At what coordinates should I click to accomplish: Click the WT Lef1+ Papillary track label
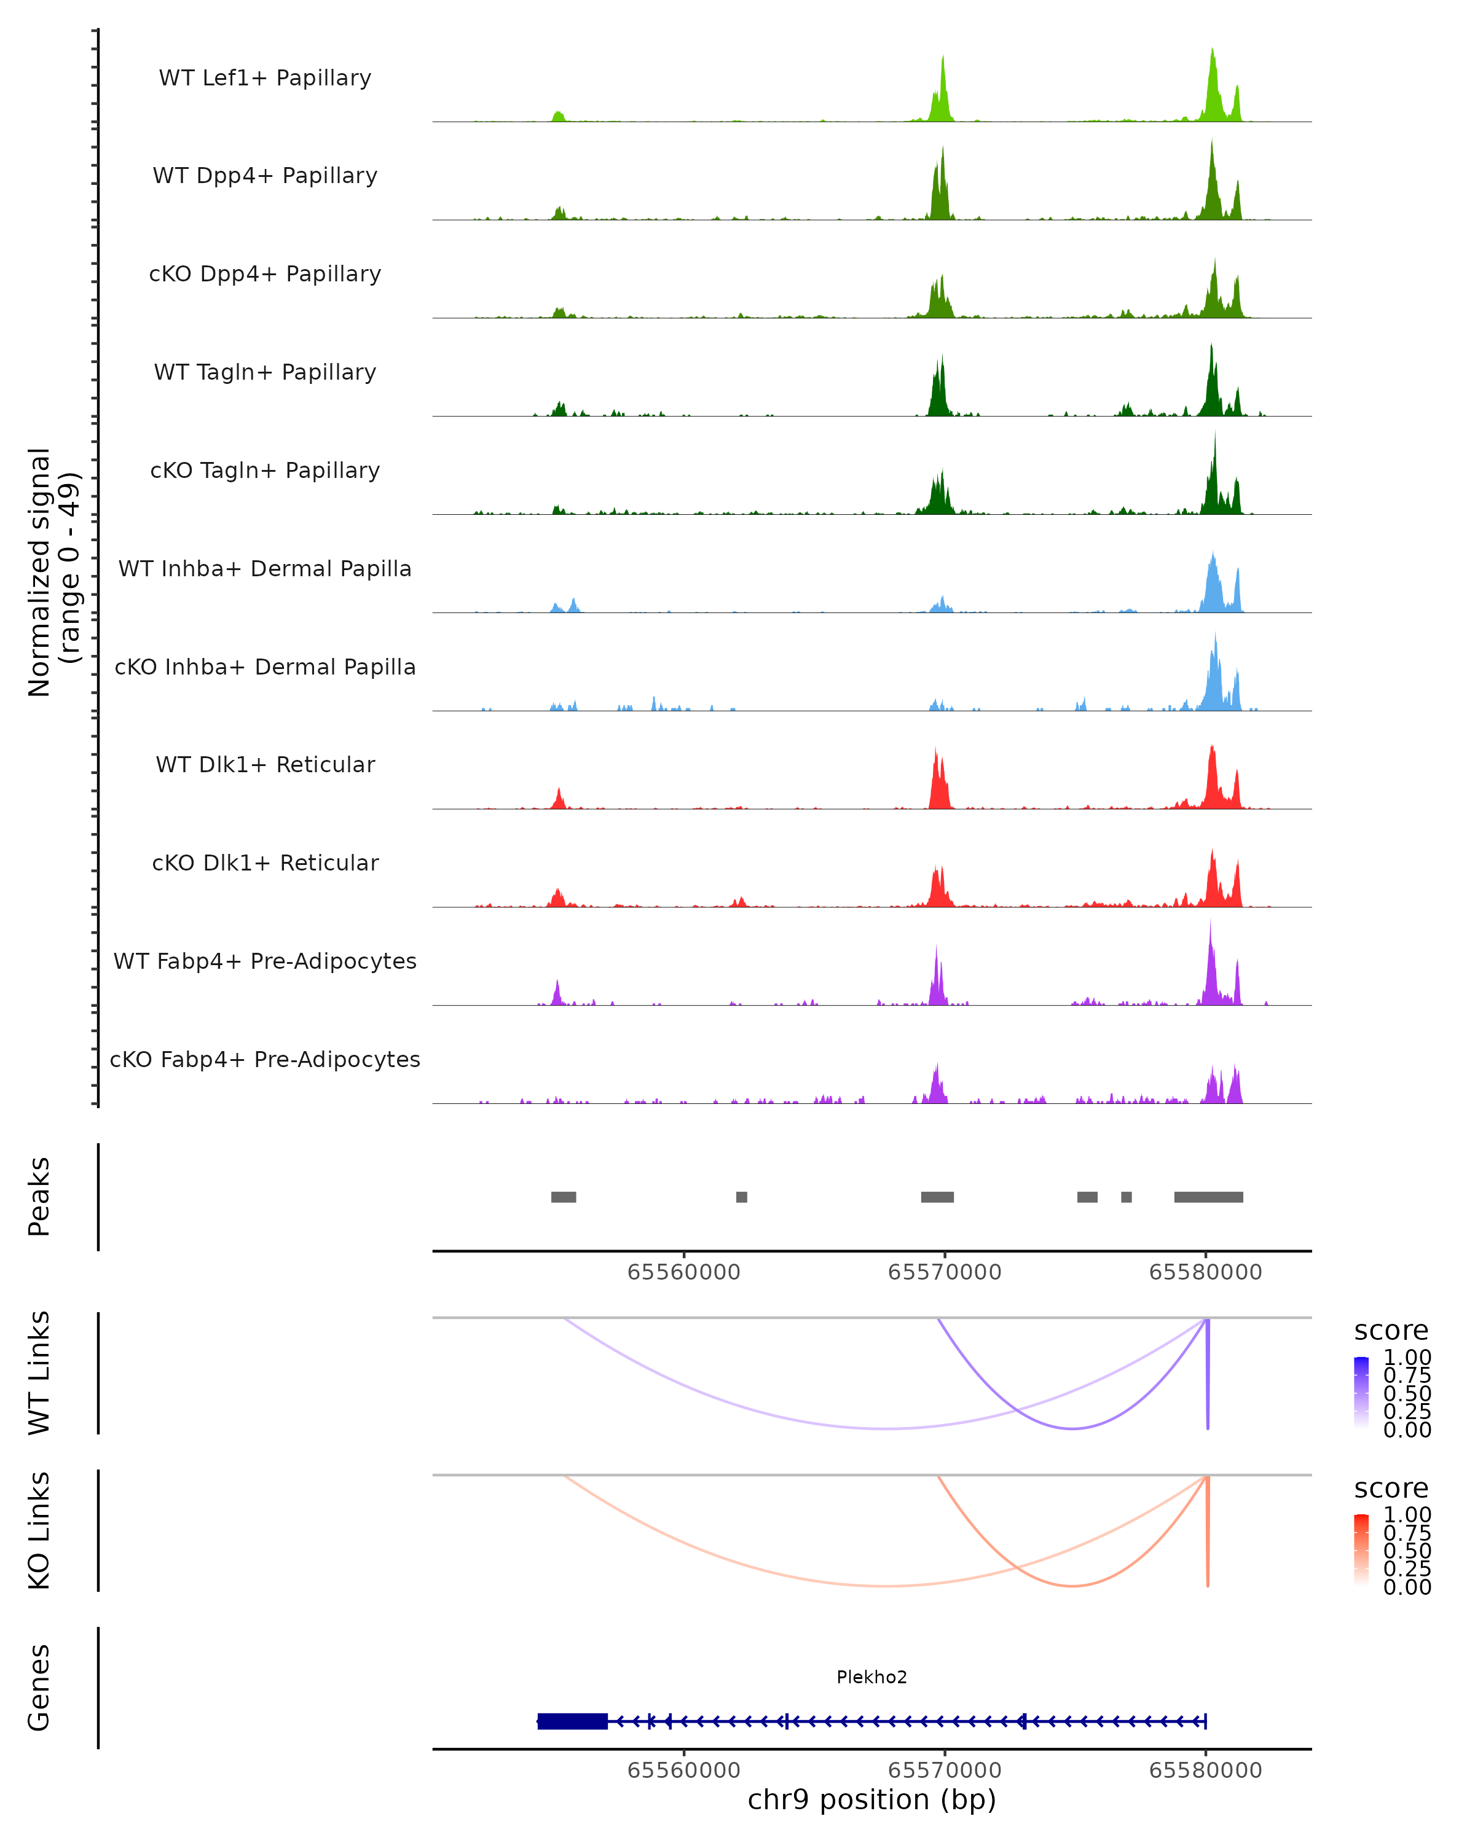point(265,78)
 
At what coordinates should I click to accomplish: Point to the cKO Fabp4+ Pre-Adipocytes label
point(265,1059)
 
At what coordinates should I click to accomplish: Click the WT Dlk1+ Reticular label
point(265,764)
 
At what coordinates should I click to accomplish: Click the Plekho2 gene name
point(871,1677)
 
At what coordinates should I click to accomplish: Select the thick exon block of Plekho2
point(572,1721)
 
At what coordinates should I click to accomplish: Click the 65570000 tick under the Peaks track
point(945,1272)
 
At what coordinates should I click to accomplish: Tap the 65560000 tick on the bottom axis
point(684,1771)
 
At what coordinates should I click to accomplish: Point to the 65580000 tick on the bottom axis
point(1206,1771)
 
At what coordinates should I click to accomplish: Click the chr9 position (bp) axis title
point(871,1800)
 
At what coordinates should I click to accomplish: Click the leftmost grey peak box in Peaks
point(564,1197)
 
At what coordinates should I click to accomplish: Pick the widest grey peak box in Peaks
point(1208,1197)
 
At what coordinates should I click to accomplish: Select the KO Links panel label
point(39,1530)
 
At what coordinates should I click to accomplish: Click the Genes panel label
point(39,1688)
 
